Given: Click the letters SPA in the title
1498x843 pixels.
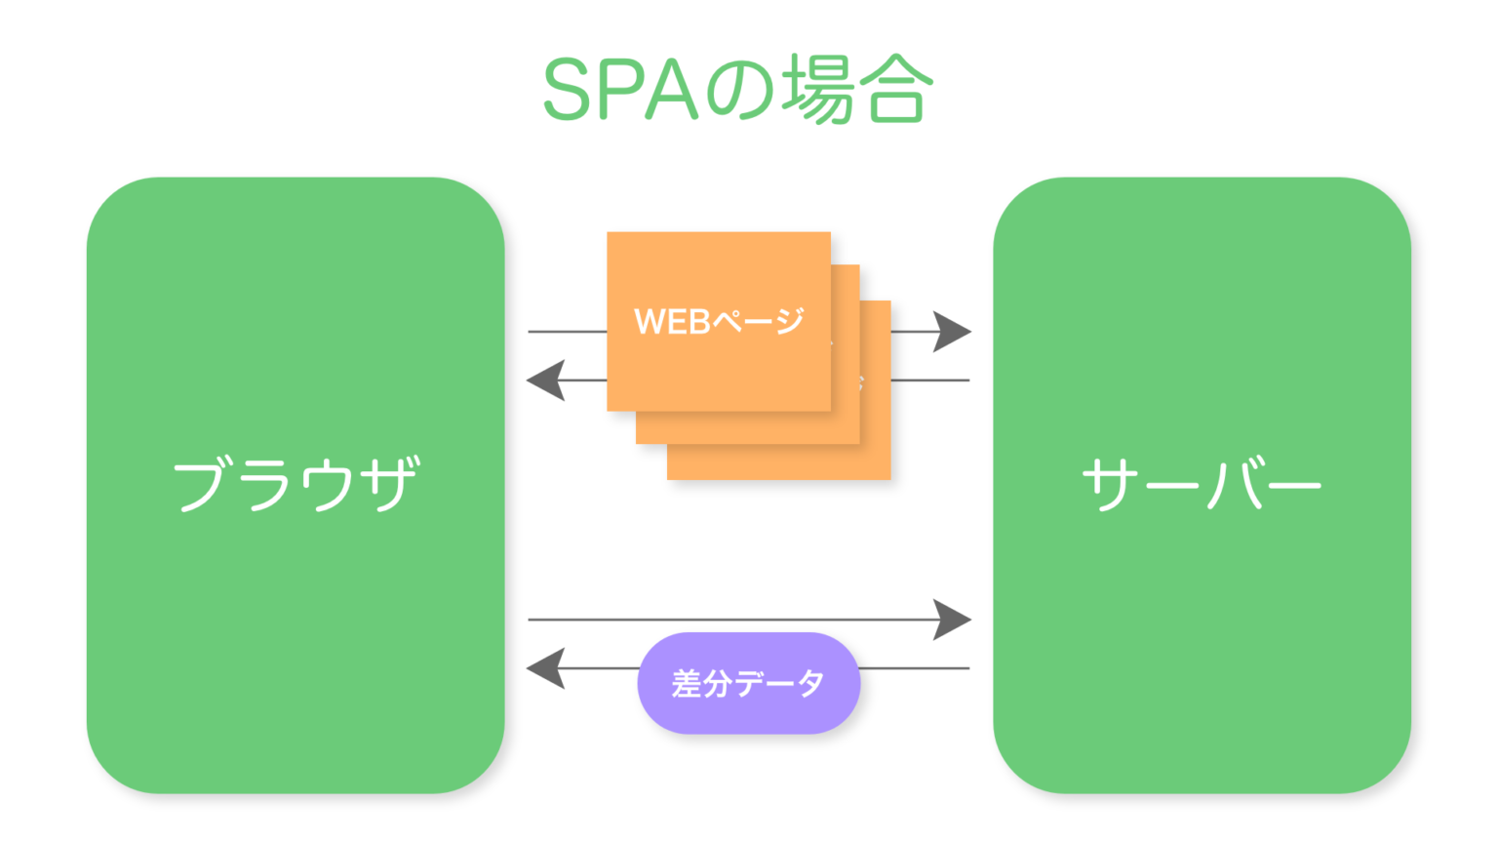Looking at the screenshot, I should pyautogui.click(x=621, y=90).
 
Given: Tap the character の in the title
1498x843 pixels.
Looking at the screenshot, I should pyautogui.click(x=740, y=90).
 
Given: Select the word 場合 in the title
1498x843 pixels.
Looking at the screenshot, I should pyautogui.click(x=858, y=90).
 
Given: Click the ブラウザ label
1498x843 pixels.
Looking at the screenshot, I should pyautogui.click(x=296, y=484).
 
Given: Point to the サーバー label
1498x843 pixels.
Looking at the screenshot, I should pyautogui.click(x=1202, y=484).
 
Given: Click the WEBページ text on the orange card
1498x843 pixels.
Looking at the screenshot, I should pyautogui.click(x=719, y=321).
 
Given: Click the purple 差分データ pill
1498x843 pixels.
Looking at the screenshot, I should pyautogui.click(x=748, y=683).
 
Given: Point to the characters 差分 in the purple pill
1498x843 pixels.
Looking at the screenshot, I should pyautogui.click(x=701, y=683).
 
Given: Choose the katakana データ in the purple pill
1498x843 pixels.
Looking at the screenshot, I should pyautogui.click(x=780, y=683).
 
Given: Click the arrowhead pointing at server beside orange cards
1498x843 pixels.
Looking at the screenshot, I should pyautogui.click(x=950, y=332).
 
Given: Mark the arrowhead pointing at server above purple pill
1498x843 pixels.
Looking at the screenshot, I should pyautogui.click(x=950, y=620).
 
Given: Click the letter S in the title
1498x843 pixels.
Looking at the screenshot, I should pyautogui.click(x=567, y=90).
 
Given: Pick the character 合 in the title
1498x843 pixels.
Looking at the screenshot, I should pyautogui.click(x=895, y=90).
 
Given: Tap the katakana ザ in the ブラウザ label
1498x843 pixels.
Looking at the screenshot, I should pyautogui.click(x=389, y=484).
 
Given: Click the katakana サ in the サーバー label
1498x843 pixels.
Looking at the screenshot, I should pyautogui.click(x=1110, y=484).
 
